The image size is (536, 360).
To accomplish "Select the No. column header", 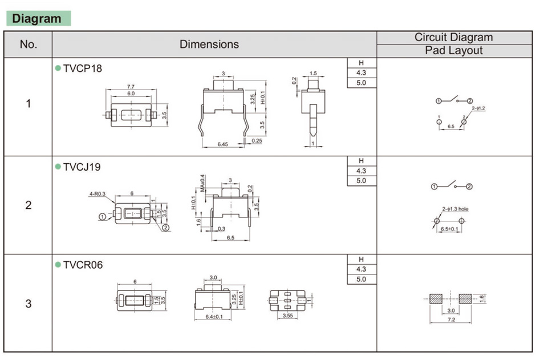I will (x=28, y=45).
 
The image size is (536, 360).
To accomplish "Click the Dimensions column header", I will (x=209, y=45).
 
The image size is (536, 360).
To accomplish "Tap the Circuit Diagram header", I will (x=453, y=38).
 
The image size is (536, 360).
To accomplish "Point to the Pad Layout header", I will (x=453, y=51).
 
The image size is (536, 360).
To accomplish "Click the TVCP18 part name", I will (x=83, y=68).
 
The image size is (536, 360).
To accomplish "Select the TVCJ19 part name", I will (x=83, y=167).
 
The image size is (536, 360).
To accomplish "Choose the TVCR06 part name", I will (x=83, y=265).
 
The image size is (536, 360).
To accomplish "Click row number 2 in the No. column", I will (x=29, y=205).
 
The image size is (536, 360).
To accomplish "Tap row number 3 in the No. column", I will (x=29, y=304).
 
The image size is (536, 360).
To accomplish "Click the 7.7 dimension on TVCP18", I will (x=131, y=87).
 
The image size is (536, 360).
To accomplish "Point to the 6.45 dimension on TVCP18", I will (x=222, y=144).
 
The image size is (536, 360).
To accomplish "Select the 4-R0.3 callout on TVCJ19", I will (x=97, y=194).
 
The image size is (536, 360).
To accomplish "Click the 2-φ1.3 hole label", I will (x=455, y=209).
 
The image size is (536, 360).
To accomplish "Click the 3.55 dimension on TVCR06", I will (x=288, y=315).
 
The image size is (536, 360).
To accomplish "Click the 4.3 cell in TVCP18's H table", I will (x=361, y=73).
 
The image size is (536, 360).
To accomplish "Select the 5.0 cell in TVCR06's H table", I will (x=361, y=279).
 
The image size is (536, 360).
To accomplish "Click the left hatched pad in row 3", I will (x=436, y=298).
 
